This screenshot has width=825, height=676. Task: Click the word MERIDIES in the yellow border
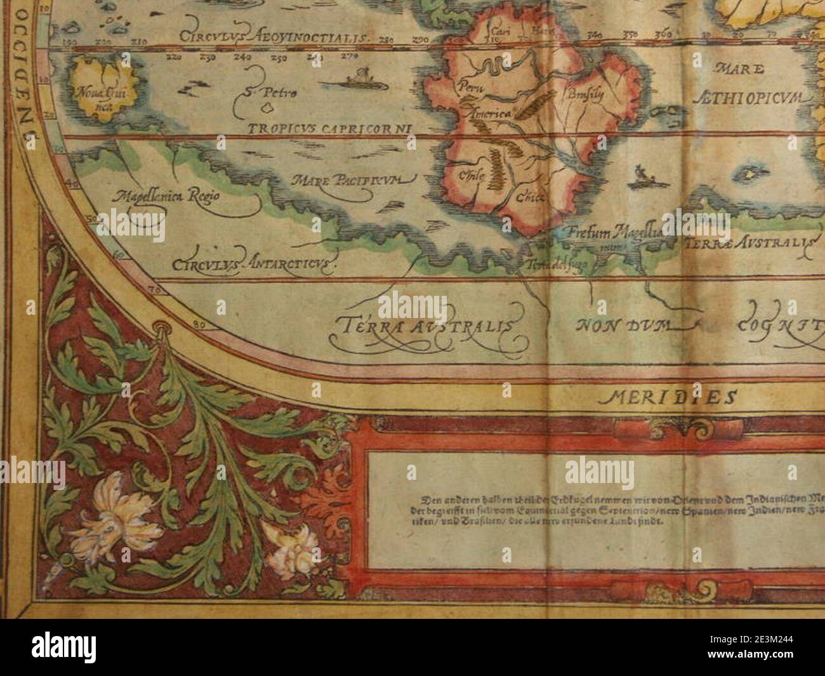[x=667, y=398]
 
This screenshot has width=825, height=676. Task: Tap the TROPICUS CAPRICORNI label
[x=329, y=129]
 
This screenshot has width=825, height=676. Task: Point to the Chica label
[x=529, y=197]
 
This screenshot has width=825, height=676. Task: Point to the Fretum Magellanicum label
[x=612, y=234]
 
